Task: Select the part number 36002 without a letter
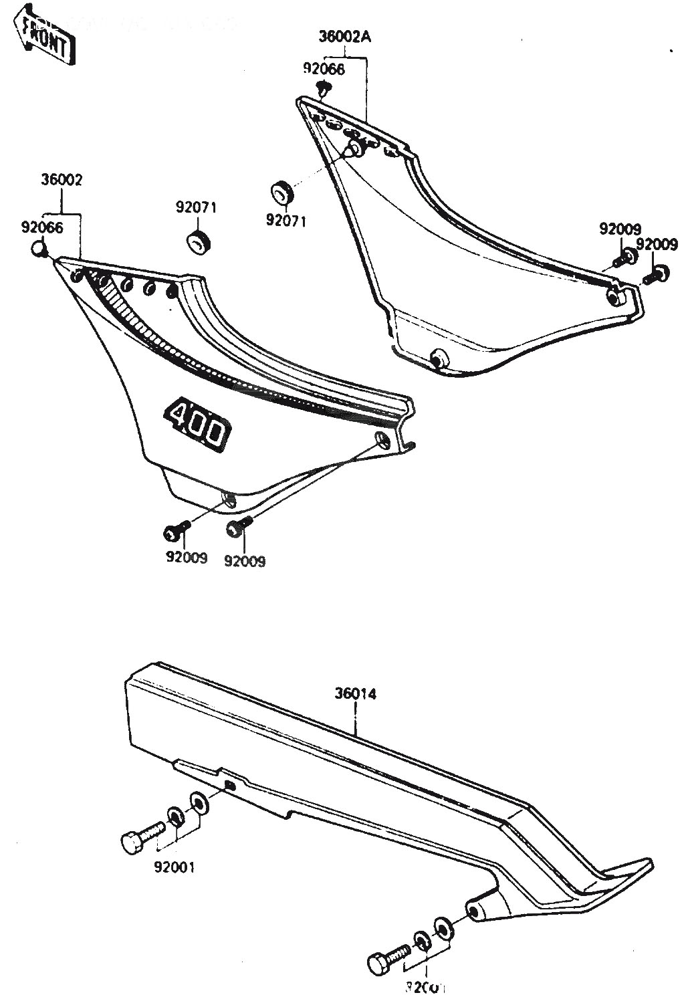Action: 61,181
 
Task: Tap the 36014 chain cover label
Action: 356,695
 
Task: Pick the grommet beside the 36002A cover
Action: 281,193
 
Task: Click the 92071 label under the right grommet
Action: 285,220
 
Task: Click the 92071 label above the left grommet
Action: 196,207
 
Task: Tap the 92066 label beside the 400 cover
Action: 41,227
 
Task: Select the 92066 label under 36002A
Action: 324,69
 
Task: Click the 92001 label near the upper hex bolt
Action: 175,868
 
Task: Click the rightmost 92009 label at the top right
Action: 656,244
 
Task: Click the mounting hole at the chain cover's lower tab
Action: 474,912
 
